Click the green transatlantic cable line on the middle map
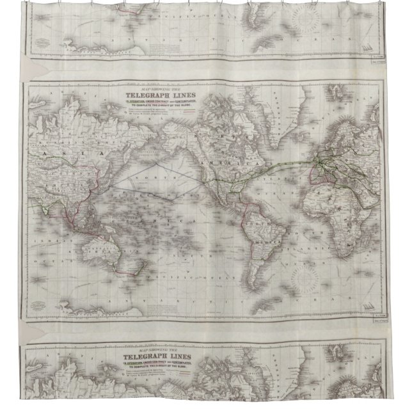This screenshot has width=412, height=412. click(x=288, y=166)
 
